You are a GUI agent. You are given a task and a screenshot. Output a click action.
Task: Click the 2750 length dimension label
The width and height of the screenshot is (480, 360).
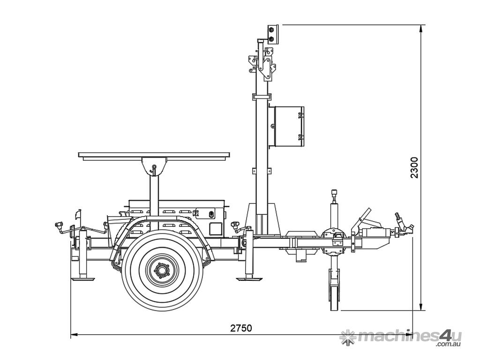[241, 328]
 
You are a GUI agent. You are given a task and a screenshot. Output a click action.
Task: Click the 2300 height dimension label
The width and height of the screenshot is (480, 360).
[414, 167]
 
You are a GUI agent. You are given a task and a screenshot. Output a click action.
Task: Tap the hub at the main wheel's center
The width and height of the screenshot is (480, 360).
[162, 270]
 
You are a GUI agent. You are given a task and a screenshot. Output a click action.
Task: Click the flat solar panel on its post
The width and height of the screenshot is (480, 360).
[154, 155]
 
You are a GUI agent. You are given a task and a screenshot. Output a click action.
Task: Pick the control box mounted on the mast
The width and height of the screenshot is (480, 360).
[286, 127]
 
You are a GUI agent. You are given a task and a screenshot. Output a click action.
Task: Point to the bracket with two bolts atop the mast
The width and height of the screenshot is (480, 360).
[272, 34]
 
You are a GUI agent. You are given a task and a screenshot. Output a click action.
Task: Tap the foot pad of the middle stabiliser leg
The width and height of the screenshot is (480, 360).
[249, 278]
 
